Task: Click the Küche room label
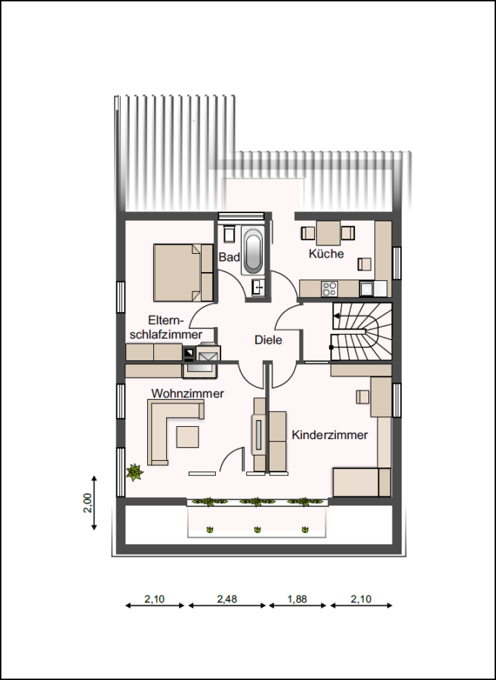[x=326, y=254]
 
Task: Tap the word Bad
[x=230, y=257]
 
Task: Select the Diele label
[x=268, y=340]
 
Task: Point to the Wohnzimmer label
[x=187, y=394]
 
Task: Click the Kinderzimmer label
[x=330, y=435]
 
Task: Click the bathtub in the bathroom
[x=252, y=252]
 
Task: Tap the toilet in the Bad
[x=229, y=234]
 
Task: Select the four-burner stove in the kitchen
[x=330, y=289]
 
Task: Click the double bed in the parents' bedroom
[x=183, y=272]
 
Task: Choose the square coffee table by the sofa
[x=187, y=437]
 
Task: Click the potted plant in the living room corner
[x=134, y=472]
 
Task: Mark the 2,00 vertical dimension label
[x=88, y=502]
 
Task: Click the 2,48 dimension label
[x=227, y=599]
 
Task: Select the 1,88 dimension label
[x=297, y=599]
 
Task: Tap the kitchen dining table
[x=328, y=233]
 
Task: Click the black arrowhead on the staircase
[x=336, y=316]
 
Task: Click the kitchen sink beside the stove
[x=367, y=289]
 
